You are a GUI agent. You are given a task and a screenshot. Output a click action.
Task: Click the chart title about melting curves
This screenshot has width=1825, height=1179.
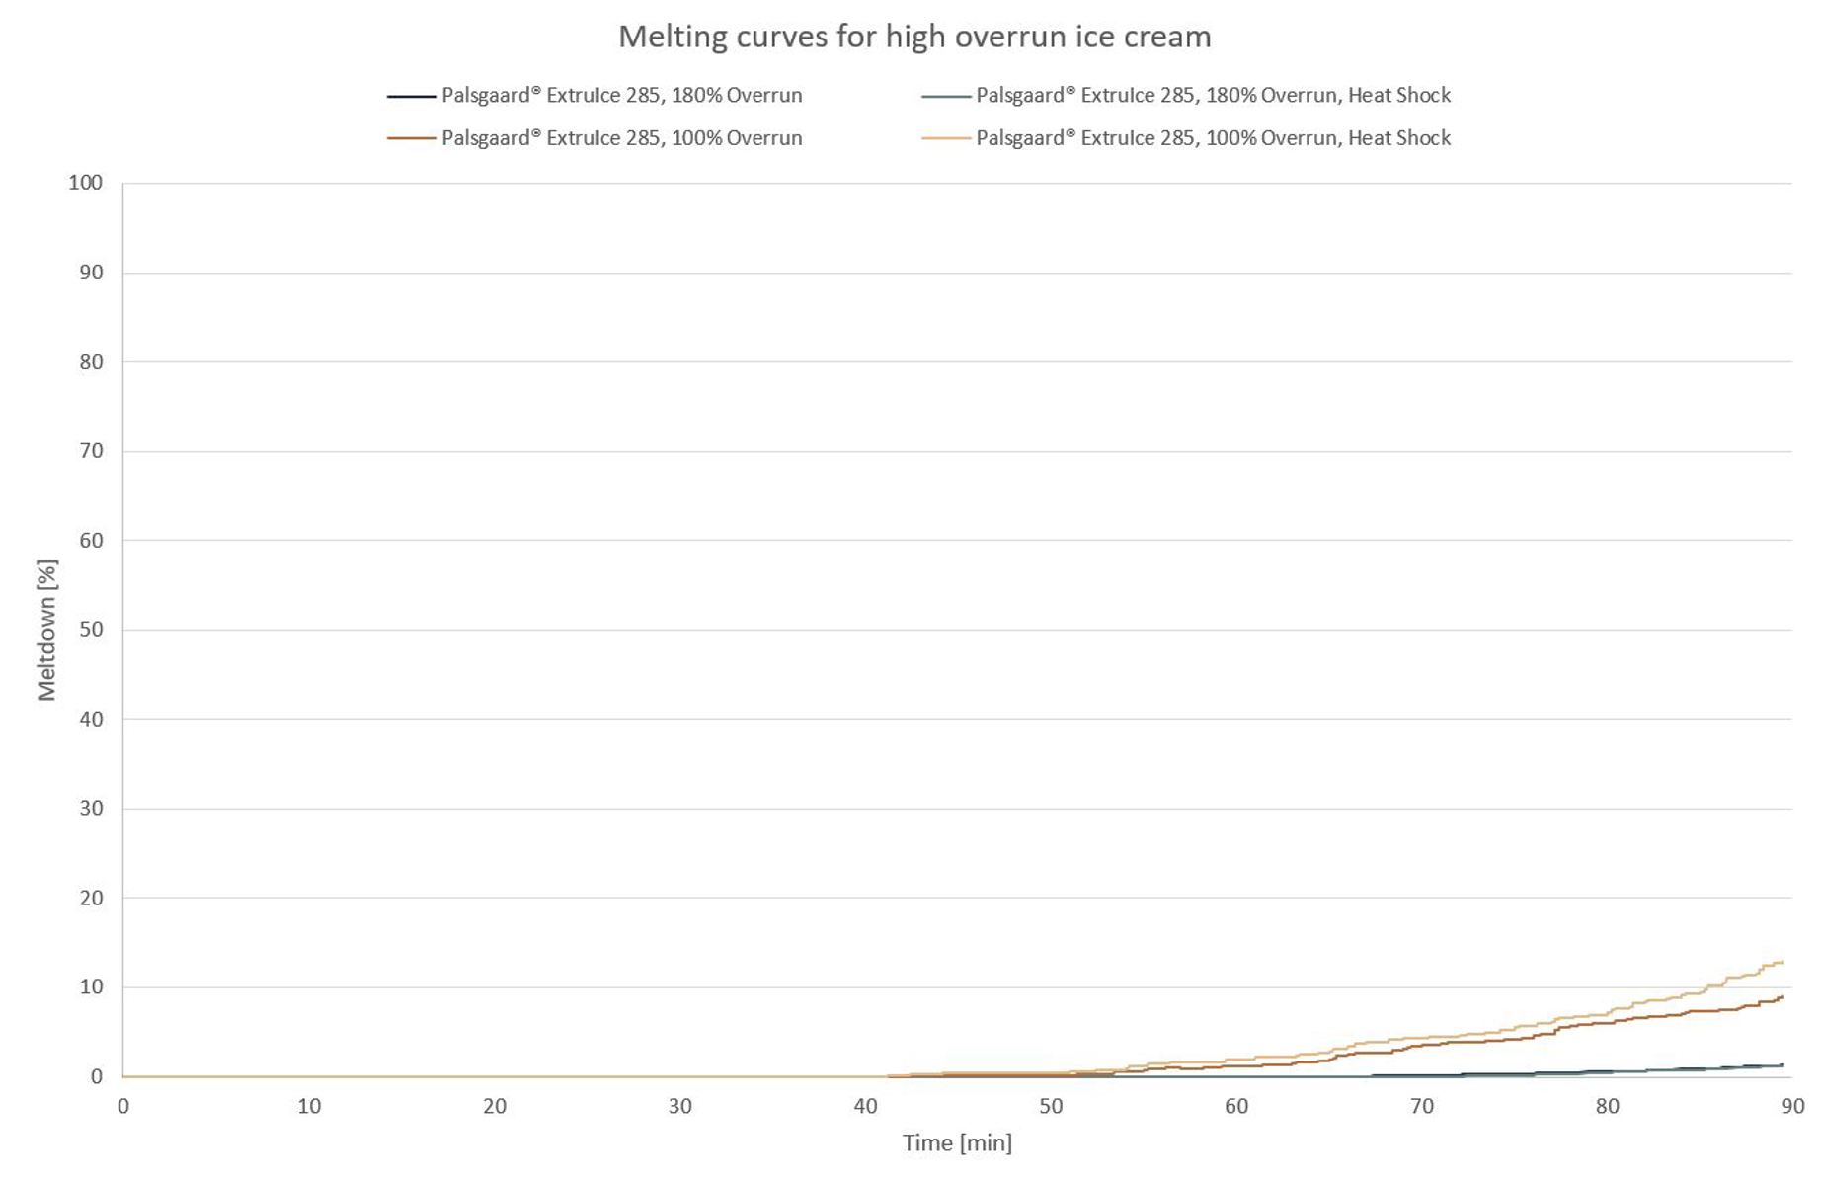(913, 37)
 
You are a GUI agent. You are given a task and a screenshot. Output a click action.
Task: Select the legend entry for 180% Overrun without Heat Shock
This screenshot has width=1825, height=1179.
(621, 96)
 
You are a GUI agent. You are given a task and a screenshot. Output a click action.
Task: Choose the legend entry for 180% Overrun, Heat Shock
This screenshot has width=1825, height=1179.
(1213, 96)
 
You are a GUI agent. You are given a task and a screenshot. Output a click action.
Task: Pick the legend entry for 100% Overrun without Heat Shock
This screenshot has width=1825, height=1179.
(621, 138)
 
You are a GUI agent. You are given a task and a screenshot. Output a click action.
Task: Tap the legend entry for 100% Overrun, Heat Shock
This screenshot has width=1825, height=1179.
(1213, 138)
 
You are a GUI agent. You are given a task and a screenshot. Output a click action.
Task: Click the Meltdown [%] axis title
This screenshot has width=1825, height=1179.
(46, 630)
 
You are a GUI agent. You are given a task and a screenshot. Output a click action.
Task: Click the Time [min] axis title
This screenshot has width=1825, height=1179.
(956, 1143)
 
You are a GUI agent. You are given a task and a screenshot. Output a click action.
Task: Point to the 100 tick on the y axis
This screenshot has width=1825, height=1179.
(86, 183)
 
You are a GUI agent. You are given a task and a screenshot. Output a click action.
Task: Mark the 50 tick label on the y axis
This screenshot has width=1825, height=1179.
(91, 630)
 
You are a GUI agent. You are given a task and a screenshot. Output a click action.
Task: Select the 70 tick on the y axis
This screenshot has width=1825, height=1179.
(91, 451)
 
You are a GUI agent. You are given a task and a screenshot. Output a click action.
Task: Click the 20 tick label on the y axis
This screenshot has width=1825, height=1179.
(91, 898)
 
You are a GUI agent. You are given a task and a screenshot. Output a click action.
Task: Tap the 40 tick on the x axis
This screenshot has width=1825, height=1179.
(865, 1106)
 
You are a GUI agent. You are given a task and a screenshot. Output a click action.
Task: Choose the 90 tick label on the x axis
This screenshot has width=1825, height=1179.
(1792, 1106)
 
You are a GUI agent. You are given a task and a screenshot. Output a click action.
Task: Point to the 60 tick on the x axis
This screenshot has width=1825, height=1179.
(1236, 1106)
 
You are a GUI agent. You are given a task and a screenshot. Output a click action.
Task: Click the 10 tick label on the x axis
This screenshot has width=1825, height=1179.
(309, 1106)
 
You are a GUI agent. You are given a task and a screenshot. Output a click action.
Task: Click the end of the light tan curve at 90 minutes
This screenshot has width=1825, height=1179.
(1781, 962)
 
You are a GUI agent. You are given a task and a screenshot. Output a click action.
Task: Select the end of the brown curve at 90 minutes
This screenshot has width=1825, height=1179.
(1781, 997)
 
